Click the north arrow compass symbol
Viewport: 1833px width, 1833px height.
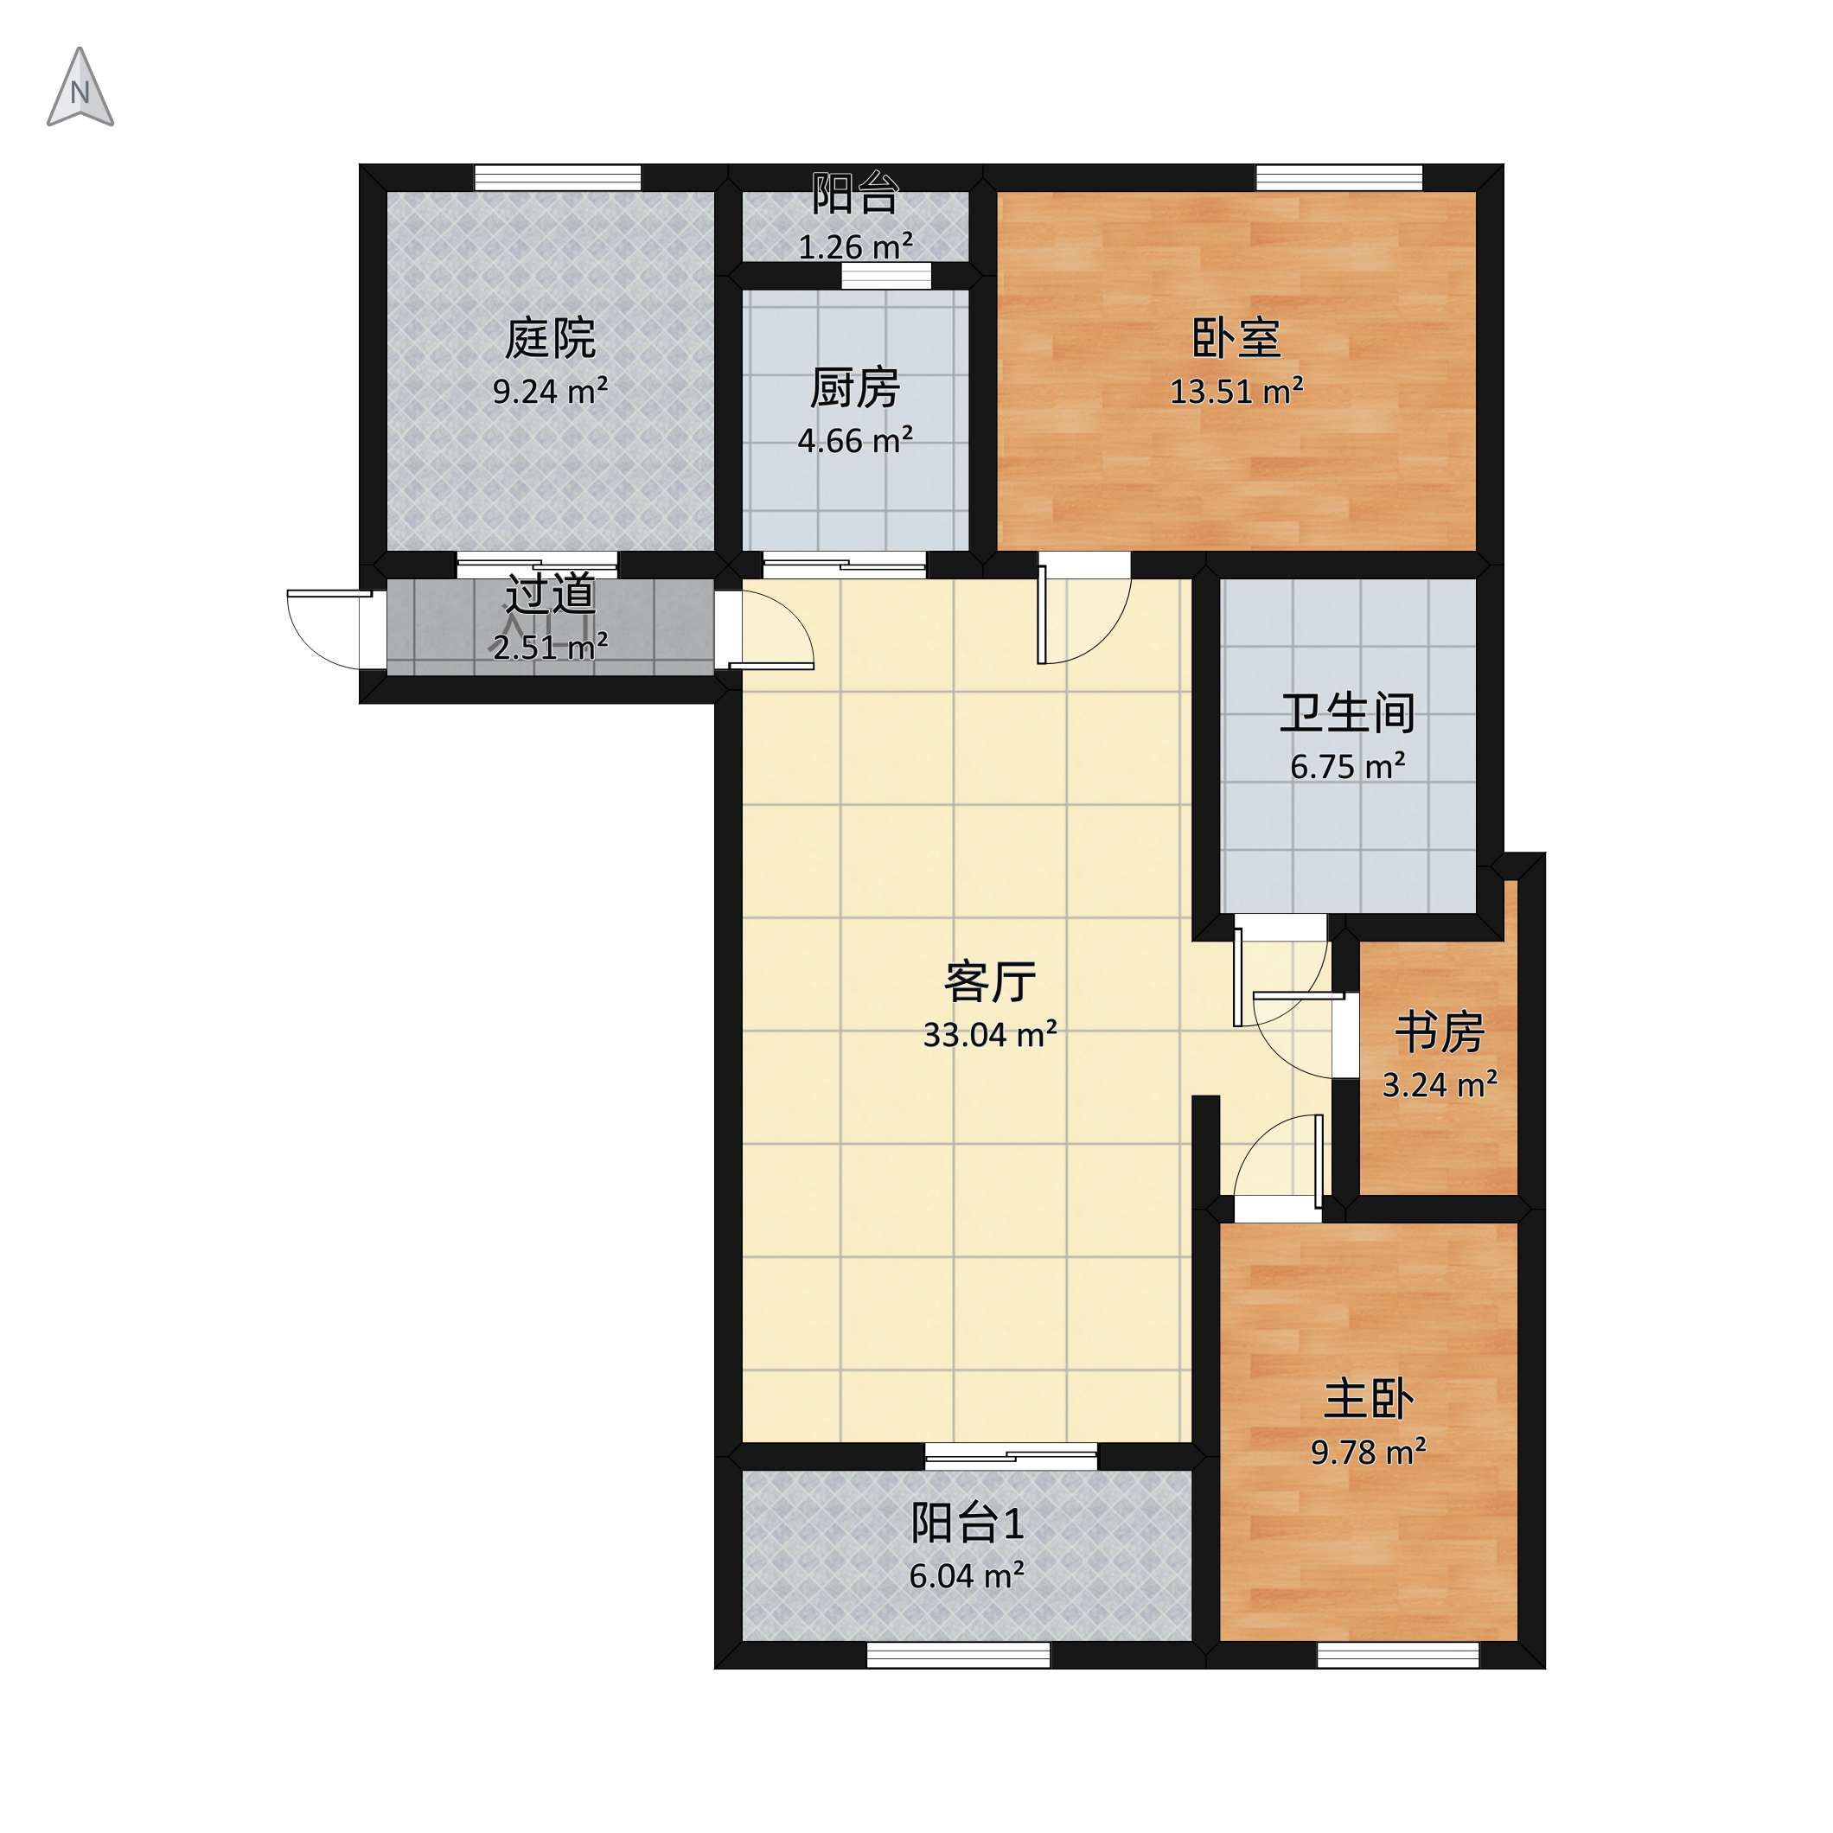(80, 87)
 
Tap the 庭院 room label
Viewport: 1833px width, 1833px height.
(550, 339)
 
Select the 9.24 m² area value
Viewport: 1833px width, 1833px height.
(550, 391)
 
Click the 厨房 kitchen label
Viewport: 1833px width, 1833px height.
(855, 388)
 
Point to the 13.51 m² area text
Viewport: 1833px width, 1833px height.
(1236, 391)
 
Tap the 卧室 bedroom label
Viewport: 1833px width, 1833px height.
(1236, 339)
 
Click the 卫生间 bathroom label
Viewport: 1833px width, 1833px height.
(1347, 713)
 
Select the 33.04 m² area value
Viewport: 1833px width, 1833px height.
(989, 1034)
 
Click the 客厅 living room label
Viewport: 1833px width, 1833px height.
(989, 982)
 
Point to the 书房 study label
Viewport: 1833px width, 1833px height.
(1440, 1032)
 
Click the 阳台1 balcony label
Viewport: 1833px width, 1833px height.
(967, 1523)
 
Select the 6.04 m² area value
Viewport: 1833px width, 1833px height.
(967, 1576)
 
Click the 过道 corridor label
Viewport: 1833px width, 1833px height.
(550, 594)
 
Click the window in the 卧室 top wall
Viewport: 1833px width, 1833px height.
(1338, 177)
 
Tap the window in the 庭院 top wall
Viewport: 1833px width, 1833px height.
(558, 177)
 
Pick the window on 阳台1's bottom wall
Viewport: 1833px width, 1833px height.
(958, 1655)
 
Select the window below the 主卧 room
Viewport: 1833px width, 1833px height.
(1397, 1655)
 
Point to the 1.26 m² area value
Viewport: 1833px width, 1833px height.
(855, 246)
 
